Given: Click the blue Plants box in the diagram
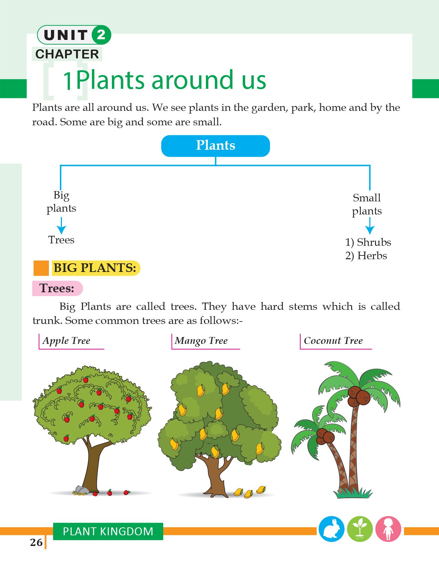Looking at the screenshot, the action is tap(216, 146).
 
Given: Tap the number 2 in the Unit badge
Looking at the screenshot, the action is tap(101, 35).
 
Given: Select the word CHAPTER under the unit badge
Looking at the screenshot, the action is tap(67, 54).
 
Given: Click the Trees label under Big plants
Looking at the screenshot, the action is tap(61, 240).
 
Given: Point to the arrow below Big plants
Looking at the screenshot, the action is tap(61, 225).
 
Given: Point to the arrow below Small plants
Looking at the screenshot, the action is tap(370, 225).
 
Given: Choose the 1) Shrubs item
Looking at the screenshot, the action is tap(368, 242).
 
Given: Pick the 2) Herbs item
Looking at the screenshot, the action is tap(366, 256).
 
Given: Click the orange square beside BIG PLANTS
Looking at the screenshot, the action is tap(41, 268).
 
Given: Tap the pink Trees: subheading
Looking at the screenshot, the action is tap(57, 288).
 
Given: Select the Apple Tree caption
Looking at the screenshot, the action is tap(66, 340).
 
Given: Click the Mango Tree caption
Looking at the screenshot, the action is tap(201, 340).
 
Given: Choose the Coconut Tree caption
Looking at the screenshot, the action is tap(333, 340).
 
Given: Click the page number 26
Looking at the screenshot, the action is tap(36, 543).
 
